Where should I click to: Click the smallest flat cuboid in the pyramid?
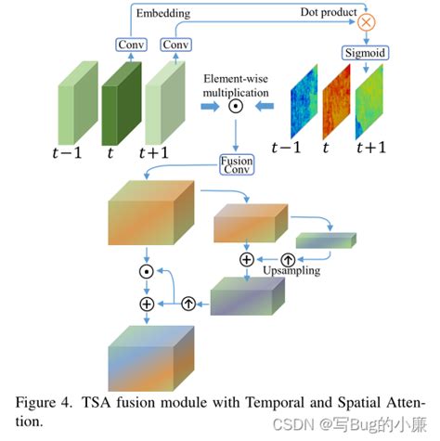coord(332,240)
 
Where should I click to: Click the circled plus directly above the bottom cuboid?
coord(146,304)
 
